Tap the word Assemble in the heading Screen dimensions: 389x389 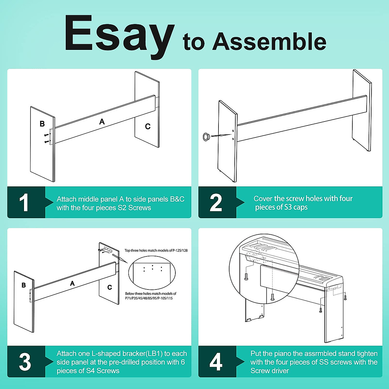tap(269, 41)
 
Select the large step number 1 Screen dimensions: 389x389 tap(24, 203)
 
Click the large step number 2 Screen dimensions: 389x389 tap(216, 203)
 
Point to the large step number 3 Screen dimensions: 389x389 tap(25, 362)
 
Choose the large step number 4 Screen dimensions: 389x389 tap(216, 362)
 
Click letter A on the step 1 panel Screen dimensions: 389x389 tap(102, 122)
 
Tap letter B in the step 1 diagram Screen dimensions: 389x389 tap(42, 124)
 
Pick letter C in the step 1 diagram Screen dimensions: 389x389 tap(148, 126)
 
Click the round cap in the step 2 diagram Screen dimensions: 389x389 tap(206, 137)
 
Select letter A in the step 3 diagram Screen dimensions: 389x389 tap(72, 283)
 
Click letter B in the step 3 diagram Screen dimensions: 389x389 tap(24, 285)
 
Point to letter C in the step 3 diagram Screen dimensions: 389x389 tap(110, 287)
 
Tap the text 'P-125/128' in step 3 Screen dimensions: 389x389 tap(180, 251)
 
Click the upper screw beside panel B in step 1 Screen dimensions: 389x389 tap(47, 135)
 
